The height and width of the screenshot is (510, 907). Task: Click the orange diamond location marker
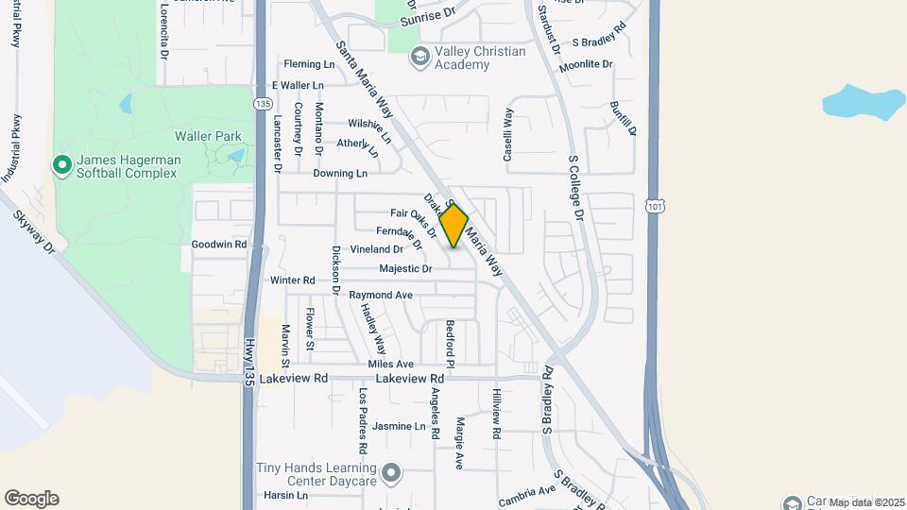(x=454, y=227)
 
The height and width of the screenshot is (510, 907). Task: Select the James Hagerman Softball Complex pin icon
(x=62, y=166)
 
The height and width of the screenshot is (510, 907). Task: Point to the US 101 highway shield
(x=655, y=204)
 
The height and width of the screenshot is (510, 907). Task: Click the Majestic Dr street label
(x=405, y=269)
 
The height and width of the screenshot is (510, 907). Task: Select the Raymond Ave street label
(x=381, y=296)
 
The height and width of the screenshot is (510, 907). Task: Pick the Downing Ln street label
(x=340, y=174)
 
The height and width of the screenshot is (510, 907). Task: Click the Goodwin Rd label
(x=218, y=244)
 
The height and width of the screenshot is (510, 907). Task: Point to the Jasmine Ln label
(x=399, y=427)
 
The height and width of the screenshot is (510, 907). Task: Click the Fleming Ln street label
(x=310, y=64)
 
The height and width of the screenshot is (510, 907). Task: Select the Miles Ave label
(x=391, y=364)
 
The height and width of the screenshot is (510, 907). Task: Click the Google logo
(x=31, y=499)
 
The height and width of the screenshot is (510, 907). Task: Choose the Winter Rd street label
(x=292, y=280)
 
